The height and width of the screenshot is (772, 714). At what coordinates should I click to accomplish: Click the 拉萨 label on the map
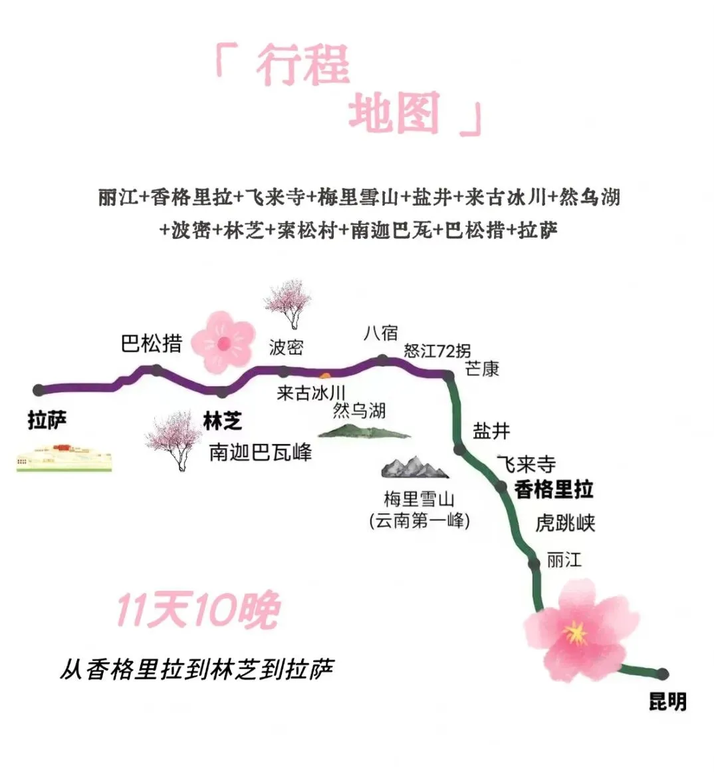tap(47, 421)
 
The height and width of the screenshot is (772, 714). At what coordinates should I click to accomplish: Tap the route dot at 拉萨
tap(39, 389)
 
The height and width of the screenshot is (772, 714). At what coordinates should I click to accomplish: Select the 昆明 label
tap(667, 701)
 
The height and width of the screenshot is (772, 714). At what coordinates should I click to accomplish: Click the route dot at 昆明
tap(662, 674)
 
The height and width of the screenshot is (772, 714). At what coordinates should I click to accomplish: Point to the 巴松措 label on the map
tap(152, 343)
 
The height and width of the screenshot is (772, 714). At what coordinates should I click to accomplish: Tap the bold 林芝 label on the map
tap(222, 421)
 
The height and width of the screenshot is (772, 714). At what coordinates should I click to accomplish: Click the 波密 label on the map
tap(286, 347)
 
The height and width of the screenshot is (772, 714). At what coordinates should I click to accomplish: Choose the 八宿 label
tap(380, 333)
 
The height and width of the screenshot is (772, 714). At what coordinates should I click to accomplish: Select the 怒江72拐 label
tap(437, 351)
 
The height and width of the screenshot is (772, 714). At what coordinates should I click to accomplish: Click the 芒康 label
tap(482, 369)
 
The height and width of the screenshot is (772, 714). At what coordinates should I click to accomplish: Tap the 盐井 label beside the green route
tap(491, 431)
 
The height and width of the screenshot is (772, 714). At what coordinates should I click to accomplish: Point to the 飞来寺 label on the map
tap(526, 464)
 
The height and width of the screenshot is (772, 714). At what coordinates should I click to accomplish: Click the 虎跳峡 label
tap(565, 523)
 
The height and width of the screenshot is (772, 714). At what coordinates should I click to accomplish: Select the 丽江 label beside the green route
tap(564, 560)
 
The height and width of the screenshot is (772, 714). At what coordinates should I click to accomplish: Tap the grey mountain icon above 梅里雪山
tap(415, 467)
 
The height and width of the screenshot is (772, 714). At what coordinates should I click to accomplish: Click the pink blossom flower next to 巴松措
tap(223, 342)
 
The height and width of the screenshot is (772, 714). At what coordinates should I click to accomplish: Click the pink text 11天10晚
tap(197, 610)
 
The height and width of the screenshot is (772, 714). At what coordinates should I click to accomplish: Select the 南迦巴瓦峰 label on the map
tap(260, 453)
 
